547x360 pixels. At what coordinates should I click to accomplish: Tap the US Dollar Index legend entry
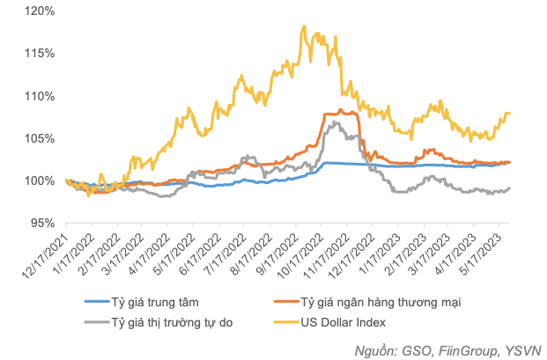350,321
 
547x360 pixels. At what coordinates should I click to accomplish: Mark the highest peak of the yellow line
304,26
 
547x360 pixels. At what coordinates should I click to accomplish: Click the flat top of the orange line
340,113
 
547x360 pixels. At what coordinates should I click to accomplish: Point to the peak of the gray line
332,121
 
